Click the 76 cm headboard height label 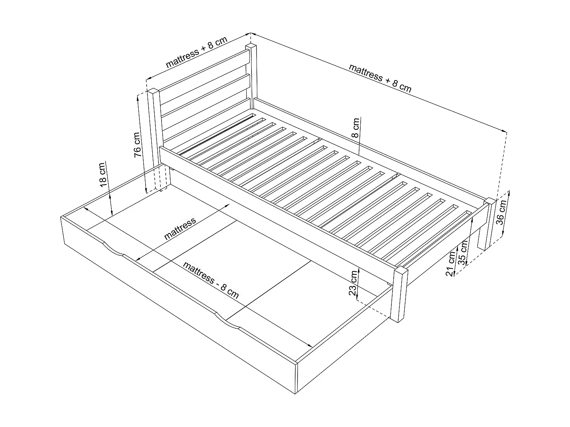point(138,144)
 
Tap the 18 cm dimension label point(103,175)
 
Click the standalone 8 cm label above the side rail point(356,128)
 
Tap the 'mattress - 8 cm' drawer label point(211,280)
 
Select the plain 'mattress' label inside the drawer point(180,228)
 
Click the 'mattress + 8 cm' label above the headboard point(196,52)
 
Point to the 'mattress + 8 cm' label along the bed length point(380,78)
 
